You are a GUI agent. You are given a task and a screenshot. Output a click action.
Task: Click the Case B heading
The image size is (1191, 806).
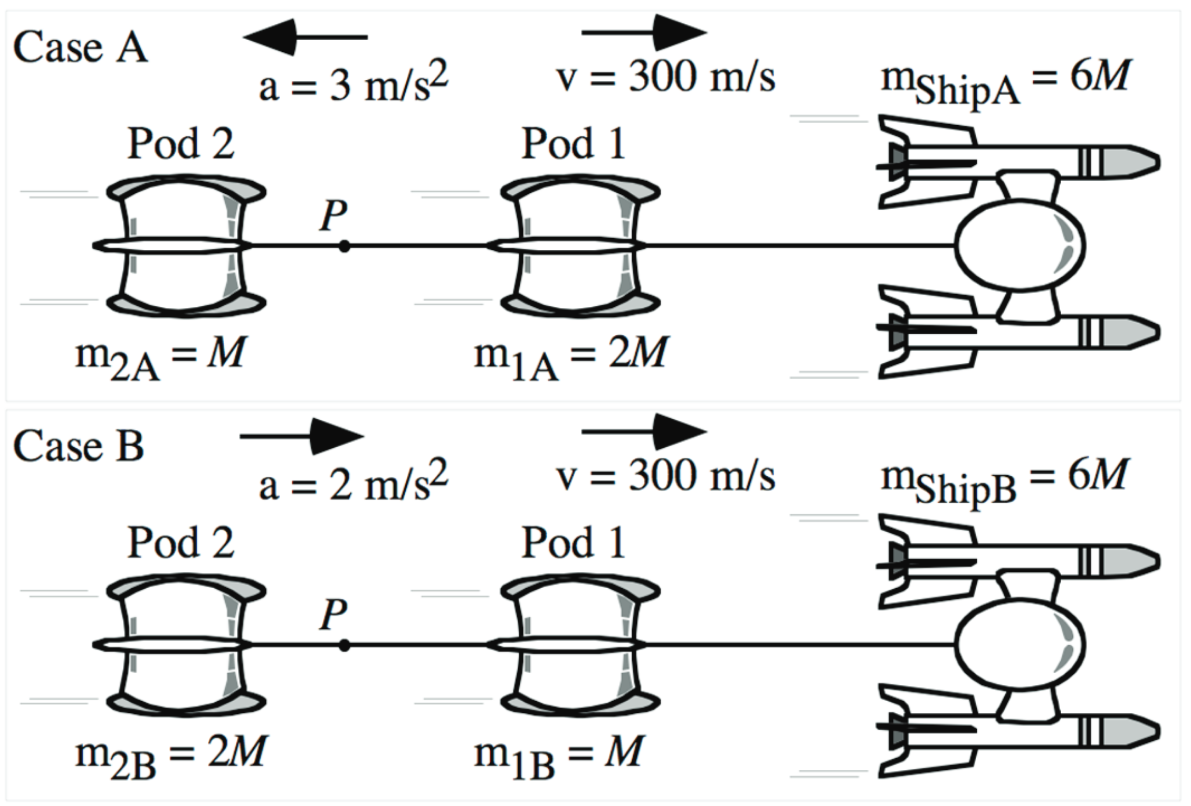pyautogui.click(x=79, y=446)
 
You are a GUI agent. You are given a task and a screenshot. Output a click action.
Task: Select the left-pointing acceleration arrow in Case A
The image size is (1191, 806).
pyautogui.click(x=304, y=37)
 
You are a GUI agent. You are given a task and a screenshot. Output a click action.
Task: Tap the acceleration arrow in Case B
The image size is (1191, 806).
pyautogui.click(x=302, y=436)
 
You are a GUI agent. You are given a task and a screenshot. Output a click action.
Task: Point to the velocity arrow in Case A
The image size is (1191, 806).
pyautogui.click(x=644, y=33)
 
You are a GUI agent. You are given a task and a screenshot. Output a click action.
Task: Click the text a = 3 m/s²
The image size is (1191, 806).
pyautogui.click(x=353, y=84)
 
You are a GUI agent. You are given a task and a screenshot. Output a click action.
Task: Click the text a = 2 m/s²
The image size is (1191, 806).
pyautogui.click(x=353, y=483)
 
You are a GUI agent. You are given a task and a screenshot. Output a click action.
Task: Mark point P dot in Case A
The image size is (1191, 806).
pyautogui.click(x=345, y=246)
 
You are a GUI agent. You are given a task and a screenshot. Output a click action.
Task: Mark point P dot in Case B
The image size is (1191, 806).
pyautogui.click(x=345, y=645)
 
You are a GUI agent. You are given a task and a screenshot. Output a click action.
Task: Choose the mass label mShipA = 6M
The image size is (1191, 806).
pyautogui.click(x=1005, y=82)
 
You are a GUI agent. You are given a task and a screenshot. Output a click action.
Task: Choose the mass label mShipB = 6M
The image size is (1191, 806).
pyautogui.click(x=1004, y=481)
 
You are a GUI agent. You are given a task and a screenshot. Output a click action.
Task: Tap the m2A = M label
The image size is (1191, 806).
pyautogui.click(x=160, y=356)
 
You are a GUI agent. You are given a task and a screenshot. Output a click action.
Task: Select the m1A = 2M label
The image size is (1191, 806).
pyautogui.click(x=570, y=356)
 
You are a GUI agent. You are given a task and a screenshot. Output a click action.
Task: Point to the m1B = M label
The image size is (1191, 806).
pyautogui.click(x=559, y=755)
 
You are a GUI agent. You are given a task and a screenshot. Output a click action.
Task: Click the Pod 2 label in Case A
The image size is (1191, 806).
pyautogui.click(x=180, y=143)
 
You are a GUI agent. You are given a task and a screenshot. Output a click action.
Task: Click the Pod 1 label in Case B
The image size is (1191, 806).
pyautogui.click(x=573, y=543)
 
